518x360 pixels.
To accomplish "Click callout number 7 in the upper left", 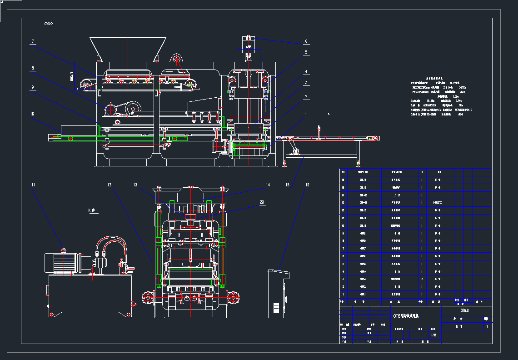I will pos(33,42).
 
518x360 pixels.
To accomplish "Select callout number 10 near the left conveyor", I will pos(32,114).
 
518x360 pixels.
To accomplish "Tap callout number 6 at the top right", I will pos(306,41).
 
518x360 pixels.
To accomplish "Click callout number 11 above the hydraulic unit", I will pos(33,185).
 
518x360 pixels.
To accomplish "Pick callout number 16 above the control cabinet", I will pos(307,185).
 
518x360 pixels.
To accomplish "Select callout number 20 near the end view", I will pos(261,202).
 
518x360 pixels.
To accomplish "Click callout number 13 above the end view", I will pos(135,185).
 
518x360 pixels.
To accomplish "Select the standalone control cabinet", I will pos(278,294).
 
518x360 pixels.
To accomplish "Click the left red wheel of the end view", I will pos(148,298).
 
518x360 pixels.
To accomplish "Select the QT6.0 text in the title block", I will pos(464,310).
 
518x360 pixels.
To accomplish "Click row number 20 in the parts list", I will pos(343,172).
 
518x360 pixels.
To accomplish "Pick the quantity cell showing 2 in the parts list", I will pos(422,279).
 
